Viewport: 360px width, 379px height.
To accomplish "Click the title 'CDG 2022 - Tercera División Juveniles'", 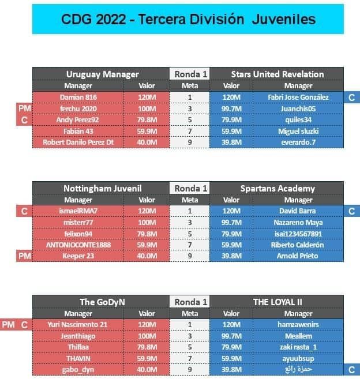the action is point(188,19).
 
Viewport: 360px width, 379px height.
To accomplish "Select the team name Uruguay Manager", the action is point(103,74).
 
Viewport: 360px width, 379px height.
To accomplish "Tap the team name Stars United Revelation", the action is point(277,74).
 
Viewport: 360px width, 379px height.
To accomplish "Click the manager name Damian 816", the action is point(78,97).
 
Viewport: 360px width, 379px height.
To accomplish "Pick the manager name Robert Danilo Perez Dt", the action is point(78,142).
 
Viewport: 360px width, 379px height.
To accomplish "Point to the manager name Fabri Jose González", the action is point(298,97).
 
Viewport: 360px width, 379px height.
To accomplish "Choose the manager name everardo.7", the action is point(298,142).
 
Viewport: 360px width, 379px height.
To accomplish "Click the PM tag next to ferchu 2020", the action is point(24,108).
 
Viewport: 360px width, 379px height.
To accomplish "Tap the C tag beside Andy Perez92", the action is point(24,120).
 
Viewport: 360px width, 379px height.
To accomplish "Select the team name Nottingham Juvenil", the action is point(103,188).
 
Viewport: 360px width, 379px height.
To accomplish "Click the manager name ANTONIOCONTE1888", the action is point(78,245).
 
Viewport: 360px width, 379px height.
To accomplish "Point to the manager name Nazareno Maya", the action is point(298,222).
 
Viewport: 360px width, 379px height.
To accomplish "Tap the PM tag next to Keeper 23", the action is point(24,256).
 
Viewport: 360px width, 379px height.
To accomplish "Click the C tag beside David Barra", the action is point(351,211).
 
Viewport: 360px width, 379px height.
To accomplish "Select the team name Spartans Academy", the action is point(277,188).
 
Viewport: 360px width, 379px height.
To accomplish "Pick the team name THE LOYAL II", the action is point(277,302).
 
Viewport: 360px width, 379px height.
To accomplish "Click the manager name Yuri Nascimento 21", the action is point(77,324).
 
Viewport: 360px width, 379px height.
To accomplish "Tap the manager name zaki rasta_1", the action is point(298,347).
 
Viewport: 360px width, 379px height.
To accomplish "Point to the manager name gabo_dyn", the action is point(78,370).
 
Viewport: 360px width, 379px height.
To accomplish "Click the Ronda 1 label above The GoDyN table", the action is point(191,302).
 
